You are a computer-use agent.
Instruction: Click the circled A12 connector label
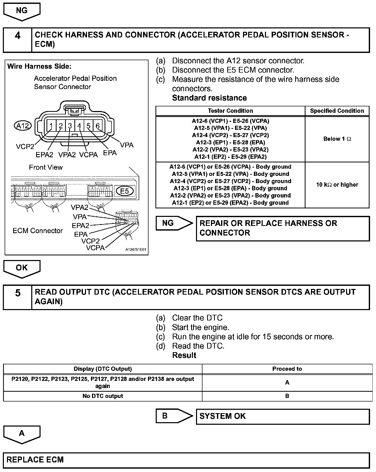(23, 126)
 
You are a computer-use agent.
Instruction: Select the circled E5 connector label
(124, 191)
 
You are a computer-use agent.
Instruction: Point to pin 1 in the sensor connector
(51, 126)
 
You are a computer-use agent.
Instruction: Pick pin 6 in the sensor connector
(98, 126)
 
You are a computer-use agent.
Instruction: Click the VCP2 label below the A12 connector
(25, 147)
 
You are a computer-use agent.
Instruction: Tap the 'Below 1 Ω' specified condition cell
(337, 139)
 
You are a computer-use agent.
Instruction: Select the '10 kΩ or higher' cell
(337, 185)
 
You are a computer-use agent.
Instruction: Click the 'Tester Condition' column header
(230, 111)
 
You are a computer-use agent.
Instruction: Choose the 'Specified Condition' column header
(337, 111)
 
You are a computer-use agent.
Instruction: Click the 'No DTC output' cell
(103, 396)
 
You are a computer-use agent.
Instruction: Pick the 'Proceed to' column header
(287, 369)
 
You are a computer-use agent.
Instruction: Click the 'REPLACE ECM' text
(35, 460)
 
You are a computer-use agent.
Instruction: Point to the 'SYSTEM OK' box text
(223, 416)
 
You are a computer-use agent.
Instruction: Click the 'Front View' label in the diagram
(46, 167)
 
